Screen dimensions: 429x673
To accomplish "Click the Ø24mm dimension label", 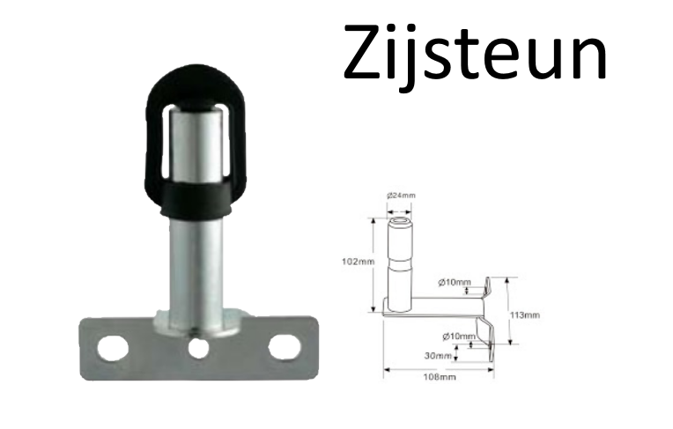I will (401, 196).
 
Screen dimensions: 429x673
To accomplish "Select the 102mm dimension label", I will (359, 261).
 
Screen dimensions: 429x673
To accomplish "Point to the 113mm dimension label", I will (526, 314).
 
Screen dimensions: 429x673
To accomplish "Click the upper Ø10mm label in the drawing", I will (453, 282).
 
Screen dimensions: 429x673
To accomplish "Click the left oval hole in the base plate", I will (113, 347).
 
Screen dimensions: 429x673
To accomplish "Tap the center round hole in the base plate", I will (197, 347).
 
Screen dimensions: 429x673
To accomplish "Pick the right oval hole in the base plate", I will (282, 347).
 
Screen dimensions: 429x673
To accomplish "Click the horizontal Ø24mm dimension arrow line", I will (401, 210).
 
